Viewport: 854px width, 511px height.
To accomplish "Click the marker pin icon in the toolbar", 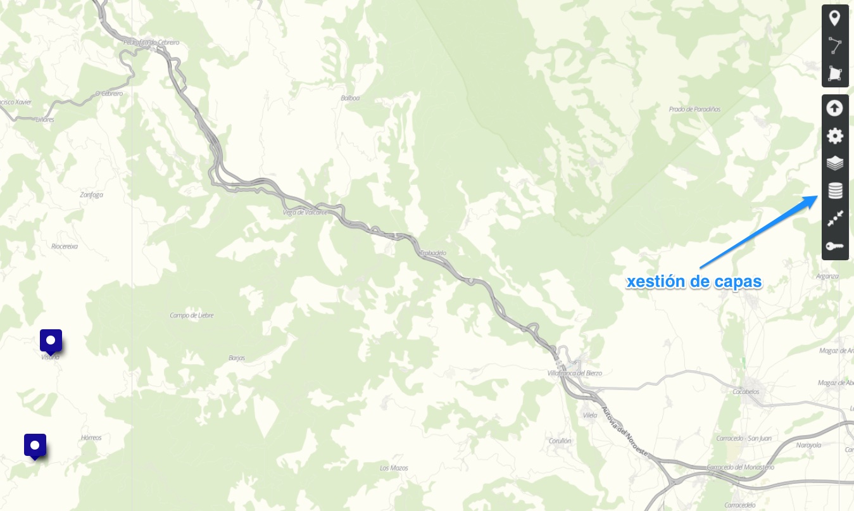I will pyautogui.click(x=835, y=18).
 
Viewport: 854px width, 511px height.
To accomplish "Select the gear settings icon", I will pyautogui.click(x=835, y=136).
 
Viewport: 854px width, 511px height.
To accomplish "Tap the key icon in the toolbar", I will pyautogui.click(x=835, y=246).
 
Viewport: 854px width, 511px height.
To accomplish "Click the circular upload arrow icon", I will pyautogui.click(x=835, y=108).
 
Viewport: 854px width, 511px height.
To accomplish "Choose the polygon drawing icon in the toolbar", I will pyautogui.click(x=835, y=74).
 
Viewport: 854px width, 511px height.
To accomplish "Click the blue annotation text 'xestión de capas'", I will pyautogui.click(x=694, y=282).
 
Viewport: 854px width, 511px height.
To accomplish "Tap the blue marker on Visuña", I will pyautogui.click(x=51, y=341).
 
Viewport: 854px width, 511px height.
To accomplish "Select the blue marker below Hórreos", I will pyautogui.click(x=35, y=445).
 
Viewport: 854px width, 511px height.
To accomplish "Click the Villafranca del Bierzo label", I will pyautogui.click(x=574, y=374).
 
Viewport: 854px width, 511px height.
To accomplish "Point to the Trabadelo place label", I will pyautogui.click(x=434, y=253).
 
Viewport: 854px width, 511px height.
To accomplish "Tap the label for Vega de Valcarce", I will pyautogui.click(x=305, y=212).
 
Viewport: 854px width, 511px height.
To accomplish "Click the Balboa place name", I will pyautogui.click(x=350, y=98).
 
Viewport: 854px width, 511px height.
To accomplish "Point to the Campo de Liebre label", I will pyautogui.click(x=192, y=315).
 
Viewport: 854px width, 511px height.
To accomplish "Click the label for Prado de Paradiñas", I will pyautogui.click(x=694, y=109).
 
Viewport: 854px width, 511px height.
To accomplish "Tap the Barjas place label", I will pyautogui.click(x=237, y=358).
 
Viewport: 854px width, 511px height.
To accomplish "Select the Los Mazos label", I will pyautogui.click(x=394, y=468).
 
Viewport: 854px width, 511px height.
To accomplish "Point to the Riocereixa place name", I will pyautogui.click(x=65, y=246).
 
